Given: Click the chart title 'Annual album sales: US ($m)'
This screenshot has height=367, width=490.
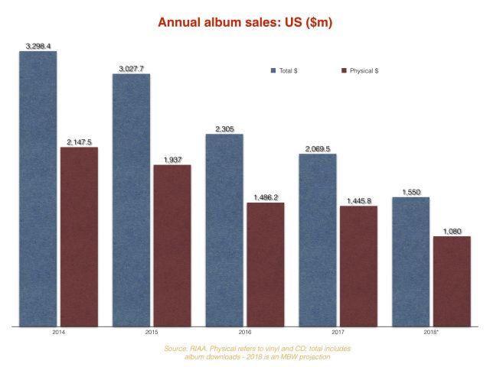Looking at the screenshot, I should click(x=244, y=22).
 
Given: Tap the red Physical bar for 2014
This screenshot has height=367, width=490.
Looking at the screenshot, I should click(x=80, y=237).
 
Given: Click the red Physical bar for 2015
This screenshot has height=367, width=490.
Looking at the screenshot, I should click(x=172, y=245).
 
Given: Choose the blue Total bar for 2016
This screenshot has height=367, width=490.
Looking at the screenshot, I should click(x=224, y=230).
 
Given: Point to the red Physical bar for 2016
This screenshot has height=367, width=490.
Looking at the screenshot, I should click(x=266, y=265).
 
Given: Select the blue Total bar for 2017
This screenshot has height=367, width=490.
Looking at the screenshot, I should click(x=318, y=240).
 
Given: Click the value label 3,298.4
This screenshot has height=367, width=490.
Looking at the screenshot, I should click(x=38, y=46).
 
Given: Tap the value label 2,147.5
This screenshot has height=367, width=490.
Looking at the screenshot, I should click(x=80, y=141).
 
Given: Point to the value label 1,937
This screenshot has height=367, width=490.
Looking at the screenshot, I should click(x=172, y=159).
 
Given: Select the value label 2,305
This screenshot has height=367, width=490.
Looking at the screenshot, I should click(x=224, y=129).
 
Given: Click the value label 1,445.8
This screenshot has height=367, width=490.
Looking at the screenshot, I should click(x=358, y=200).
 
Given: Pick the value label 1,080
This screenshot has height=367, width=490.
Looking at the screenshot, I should click(x=452, y=231).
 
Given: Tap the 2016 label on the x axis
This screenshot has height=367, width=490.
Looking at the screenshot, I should click(x=245, y=333).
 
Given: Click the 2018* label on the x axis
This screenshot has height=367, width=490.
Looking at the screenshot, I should click(x=431, y=333).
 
